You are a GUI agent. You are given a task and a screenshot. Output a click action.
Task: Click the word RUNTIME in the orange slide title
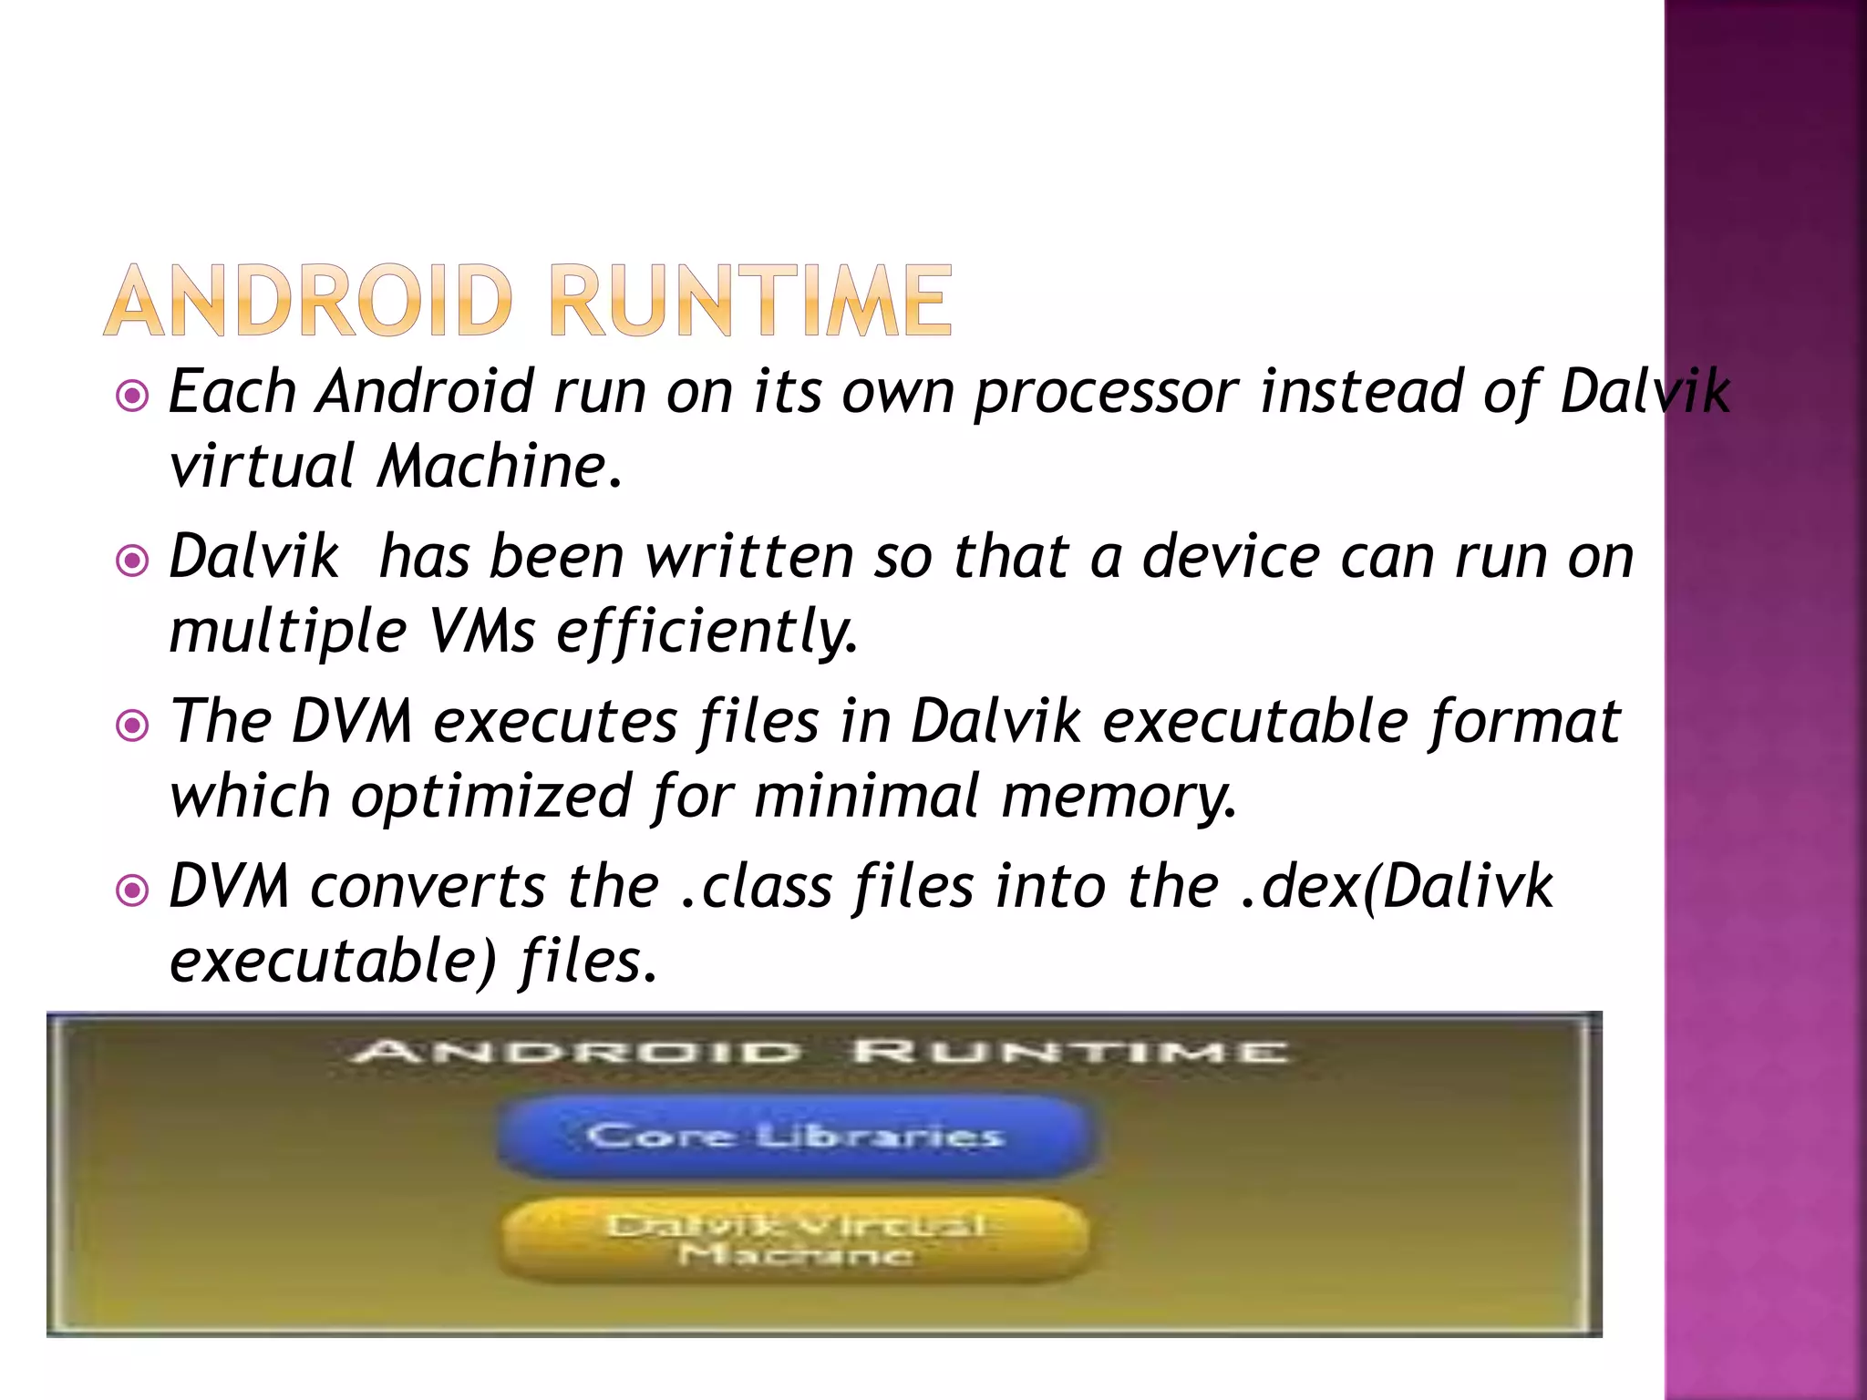point(750,301)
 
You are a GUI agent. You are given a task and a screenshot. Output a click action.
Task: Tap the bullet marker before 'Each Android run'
point(133,396)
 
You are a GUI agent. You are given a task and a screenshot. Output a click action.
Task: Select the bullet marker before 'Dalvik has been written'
point(133,561)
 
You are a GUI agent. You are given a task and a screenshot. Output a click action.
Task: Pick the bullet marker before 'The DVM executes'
point(133,726)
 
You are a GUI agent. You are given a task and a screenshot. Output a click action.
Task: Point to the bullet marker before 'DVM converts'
point(133,890)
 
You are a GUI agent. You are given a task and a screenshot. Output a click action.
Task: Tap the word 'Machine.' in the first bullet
point(500,467)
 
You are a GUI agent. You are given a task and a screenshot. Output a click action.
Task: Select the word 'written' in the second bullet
point(748,557)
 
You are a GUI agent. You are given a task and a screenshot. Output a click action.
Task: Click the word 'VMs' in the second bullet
point(481,632)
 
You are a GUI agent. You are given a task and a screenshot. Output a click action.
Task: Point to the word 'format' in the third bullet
point(1524,723)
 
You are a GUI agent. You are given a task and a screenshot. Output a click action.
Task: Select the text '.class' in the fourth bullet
point(757,887)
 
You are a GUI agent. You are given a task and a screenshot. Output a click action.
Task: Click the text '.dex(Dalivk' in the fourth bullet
point(1397,887)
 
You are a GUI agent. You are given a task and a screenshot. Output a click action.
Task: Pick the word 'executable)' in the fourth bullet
point(334,962)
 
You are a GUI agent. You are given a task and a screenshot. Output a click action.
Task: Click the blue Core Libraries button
point(794,1136)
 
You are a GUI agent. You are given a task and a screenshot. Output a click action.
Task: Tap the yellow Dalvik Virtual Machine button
point(794,1240)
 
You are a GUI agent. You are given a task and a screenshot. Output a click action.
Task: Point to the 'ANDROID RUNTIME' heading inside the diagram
point(820,1053)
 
